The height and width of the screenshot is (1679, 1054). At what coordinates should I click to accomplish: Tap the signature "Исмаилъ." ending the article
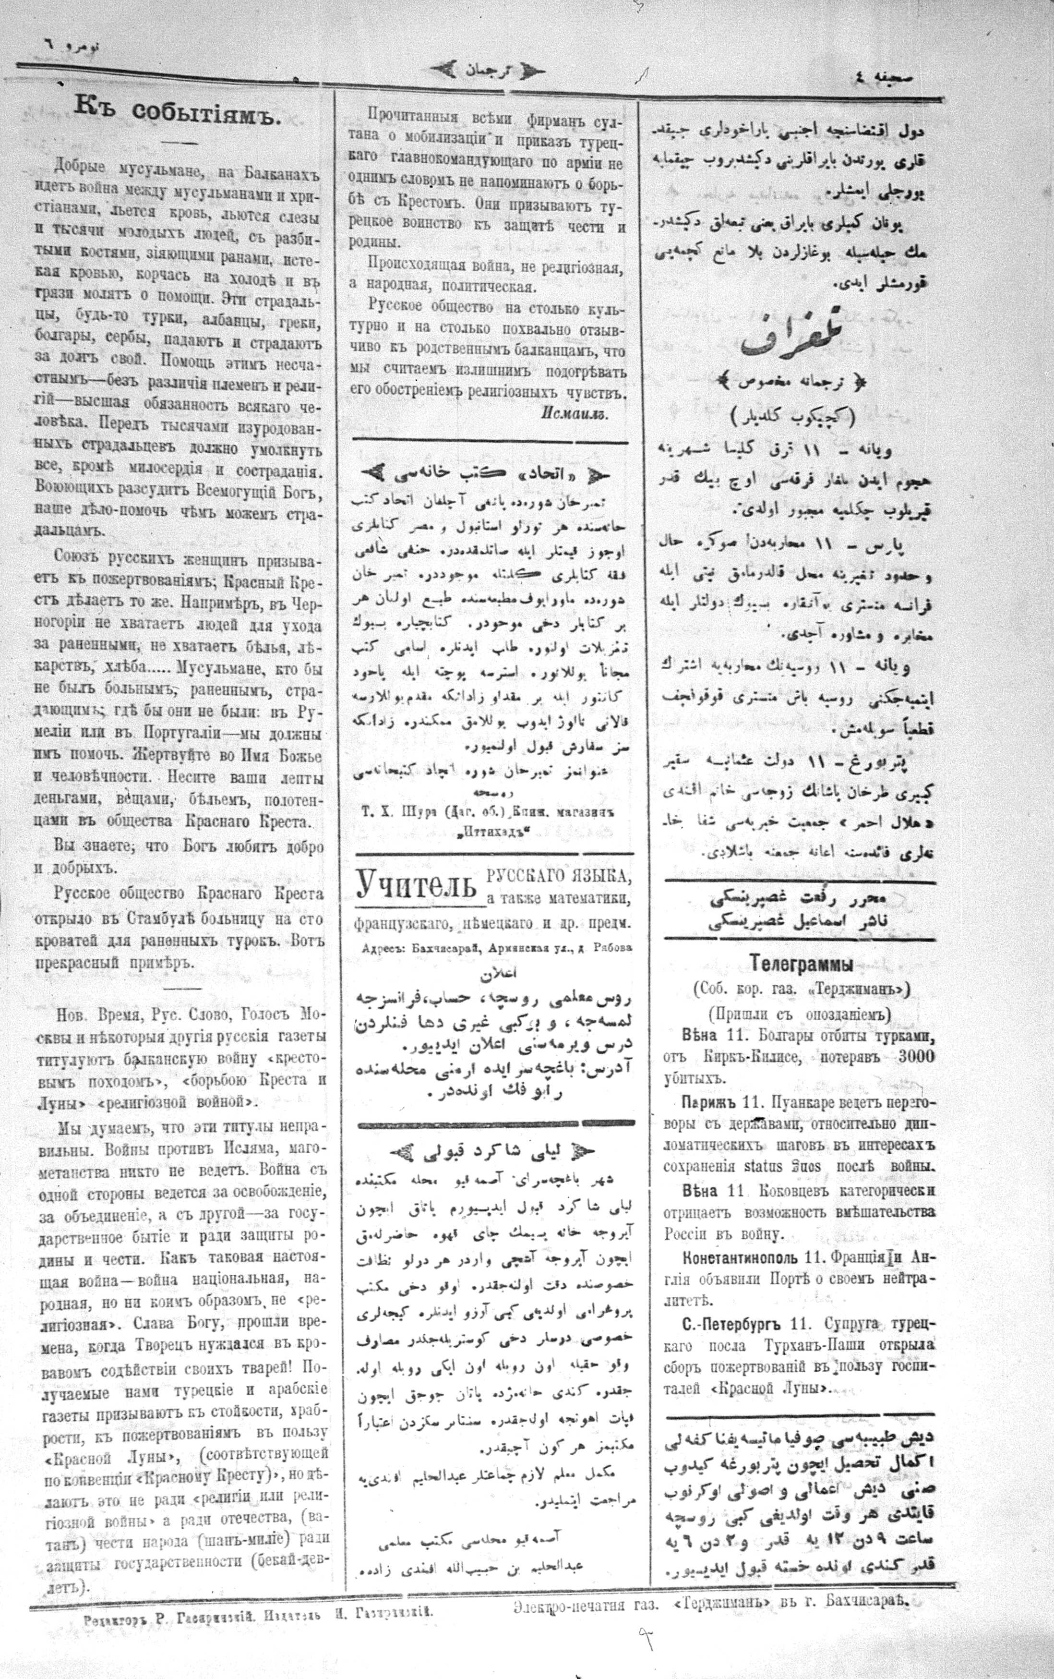[x=574, y=412]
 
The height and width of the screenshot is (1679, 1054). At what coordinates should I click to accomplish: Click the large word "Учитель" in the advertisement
[x=416, y=885]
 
